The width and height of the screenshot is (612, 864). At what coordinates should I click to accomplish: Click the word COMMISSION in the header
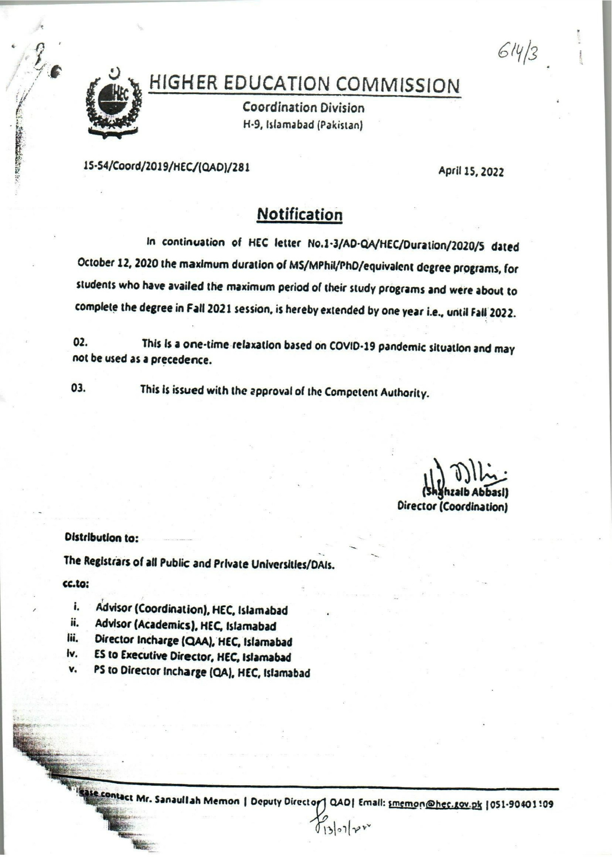click(x=397, y=85)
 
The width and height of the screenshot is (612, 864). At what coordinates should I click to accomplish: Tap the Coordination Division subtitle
click(x=303, y=108)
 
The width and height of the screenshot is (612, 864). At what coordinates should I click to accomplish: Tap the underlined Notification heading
click(x=300, y=214)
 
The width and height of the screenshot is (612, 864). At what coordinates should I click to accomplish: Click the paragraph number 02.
click(x=80, y=343)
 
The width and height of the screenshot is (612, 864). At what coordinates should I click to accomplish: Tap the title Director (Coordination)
click(x=453, y=506)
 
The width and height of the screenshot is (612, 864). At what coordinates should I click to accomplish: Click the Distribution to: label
click(x=101, y=538)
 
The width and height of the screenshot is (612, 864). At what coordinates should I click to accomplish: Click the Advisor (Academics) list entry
click(x=185, y=626)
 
